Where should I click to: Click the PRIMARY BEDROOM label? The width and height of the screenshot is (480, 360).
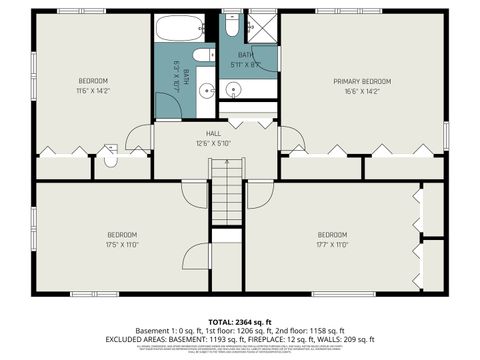[x=361, y=80]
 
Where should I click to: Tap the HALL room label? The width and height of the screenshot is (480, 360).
[x=213, y=132]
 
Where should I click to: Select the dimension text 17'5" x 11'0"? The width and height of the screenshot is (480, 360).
[x=121, y=244]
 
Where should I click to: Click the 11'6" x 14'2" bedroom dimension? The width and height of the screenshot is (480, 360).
[x=93, y=90]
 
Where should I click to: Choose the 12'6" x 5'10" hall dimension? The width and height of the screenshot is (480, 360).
[x=213, y=141]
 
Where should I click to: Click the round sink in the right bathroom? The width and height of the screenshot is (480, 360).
[x=234, y=90]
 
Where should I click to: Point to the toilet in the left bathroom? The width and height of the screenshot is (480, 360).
[x=203, y=55]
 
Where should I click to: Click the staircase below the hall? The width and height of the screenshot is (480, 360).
[x=228, y=195]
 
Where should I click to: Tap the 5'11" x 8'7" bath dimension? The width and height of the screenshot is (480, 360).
[x=247, y=64]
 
